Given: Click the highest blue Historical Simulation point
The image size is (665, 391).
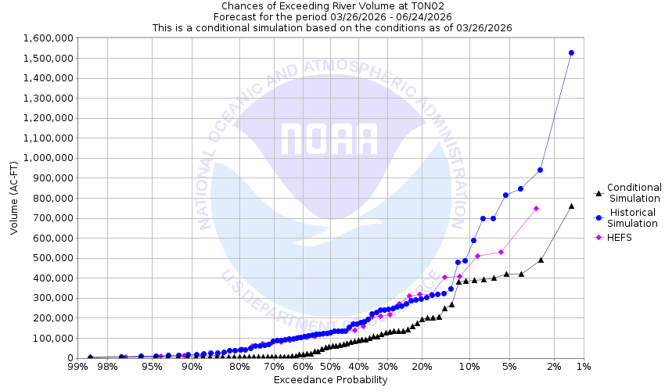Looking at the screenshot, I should [x=571, y=53].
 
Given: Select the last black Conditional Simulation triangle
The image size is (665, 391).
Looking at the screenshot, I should [x=571, y=206].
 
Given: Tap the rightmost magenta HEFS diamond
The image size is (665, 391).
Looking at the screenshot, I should [x=536, y=209].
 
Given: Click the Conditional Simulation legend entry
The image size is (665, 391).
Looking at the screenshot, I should [x=634, y=192].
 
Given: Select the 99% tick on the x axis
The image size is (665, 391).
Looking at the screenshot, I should [x=77, y=366].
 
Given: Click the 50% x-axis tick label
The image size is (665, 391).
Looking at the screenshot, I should [x=330, y=366].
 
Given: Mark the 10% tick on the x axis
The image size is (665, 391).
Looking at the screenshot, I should [x=469, y=366].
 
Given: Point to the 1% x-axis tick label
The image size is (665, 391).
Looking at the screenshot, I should [x=582, y=366].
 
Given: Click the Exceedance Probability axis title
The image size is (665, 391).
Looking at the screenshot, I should [x=330, y=380].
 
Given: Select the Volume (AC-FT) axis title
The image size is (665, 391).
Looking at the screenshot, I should [x=14, y=198].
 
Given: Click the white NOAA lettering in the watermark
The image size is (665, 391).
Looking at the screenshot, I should [x=329, y=139].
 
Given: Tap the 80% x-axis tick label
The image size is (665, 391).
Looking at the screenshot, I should [x=239, y=366].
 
